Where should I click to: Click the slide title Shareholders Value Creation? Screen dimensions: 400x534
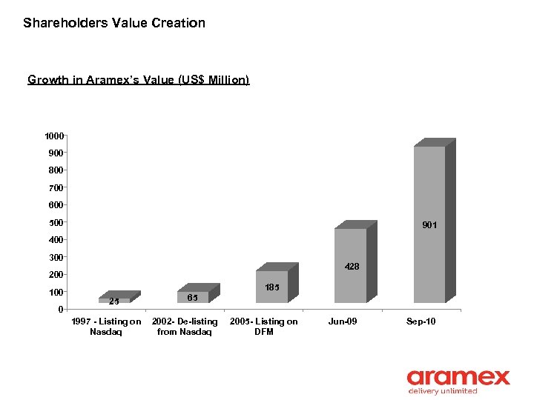(x=114, y=23)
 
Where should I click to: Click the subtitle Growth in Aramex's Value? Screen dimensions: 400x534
(x=138, y=79)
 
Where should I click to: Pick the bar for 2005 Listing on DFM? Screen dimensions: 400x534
(x=271, y=287)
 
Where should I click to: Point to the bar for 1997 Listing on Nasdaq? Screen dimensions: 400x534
(x=114, y=300)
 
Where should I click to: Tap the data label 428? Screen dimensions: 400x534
(x=351, y=266)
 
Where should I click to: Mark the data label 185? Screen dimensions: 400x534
(x=272, y=287)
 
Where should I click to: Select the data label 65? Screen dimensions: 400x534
(x=192, y=297)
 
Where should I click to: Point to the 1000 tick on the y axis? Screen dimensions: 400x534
(x=53, y=136)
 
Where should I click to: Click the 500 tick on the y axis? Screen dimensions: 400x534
(x=56, y=222)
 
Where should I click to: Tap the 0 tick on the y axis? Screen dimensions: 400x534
(x=60, y=310)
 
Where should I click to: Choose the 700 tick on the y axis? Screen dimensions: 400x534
(x=56, y=188)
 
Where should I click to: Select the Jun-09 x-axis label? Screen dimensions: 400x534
(x=343, y=321)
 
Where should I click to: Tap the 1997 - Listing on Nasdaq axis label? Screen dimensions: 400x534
(x=106, y=327)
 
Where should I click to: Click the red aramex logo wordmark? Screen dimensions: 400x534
(x=458, y=378)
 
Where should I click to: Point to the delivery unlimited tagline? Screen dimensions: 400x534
(x=443, y=391)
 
